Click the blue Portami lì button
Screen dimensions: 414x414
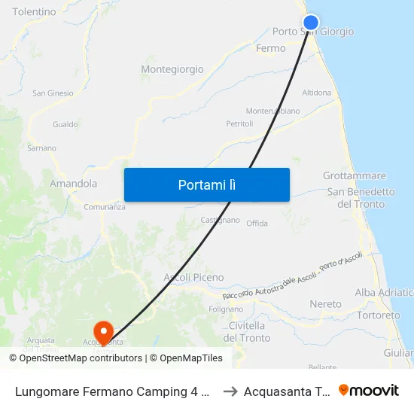(206, 184)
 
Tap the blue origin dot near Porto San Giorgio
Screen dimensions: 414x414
(310, 23)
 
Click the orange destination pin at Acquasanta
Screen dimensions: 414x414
(102, 330)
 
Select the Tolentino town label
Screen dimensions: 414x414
(34, 12)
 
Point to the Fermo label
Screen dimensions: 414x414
(271, 48)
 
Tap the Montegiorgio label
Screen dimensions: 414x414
(172, 69)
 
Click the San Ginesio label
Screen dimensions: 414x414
(53, 93)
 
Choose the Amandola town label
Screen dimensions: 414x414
(73, 183)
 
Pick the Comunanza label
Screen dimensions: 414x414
(105, 207)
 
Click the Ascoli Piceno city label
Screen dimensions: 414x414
(193, 277)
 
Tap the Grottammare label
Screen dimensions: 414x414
(354, 175)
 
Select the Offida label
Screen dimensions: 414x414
(257, 224)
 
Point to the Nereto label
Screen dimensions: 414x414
(325, 304)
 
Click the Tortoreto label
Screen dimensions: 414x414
(379, 315)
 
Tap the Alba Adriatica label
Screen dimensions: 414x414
(384, 292)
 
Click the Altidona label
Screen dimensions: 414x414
(316, 93)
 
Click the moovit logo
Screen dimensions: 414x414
(369, 391)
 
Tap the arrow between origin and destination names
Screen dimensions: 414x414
(230, 391)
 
